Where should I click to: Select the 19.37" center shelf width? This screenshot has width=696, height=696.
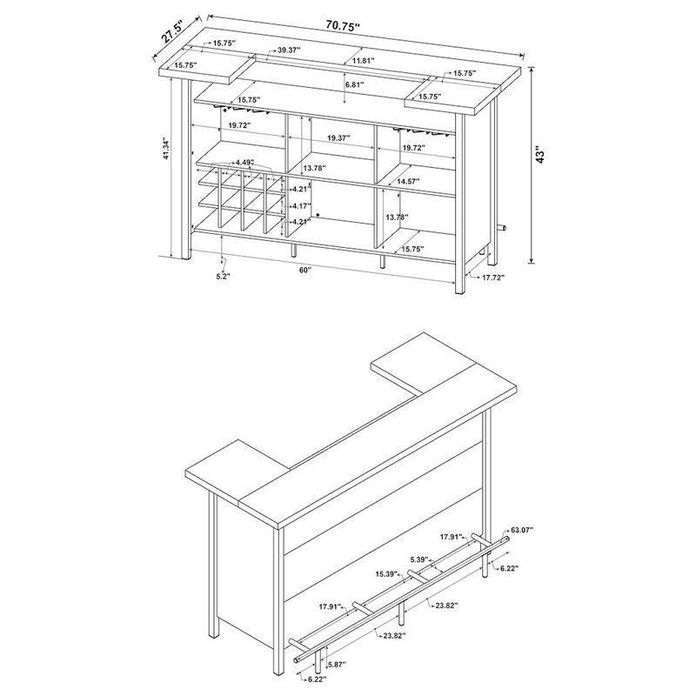coord(343,138)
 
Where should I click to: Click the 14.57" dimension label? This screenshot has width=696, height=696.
coord(408,181)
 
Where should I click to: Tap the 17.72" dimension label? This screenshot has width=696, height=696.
coord(489,277)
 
